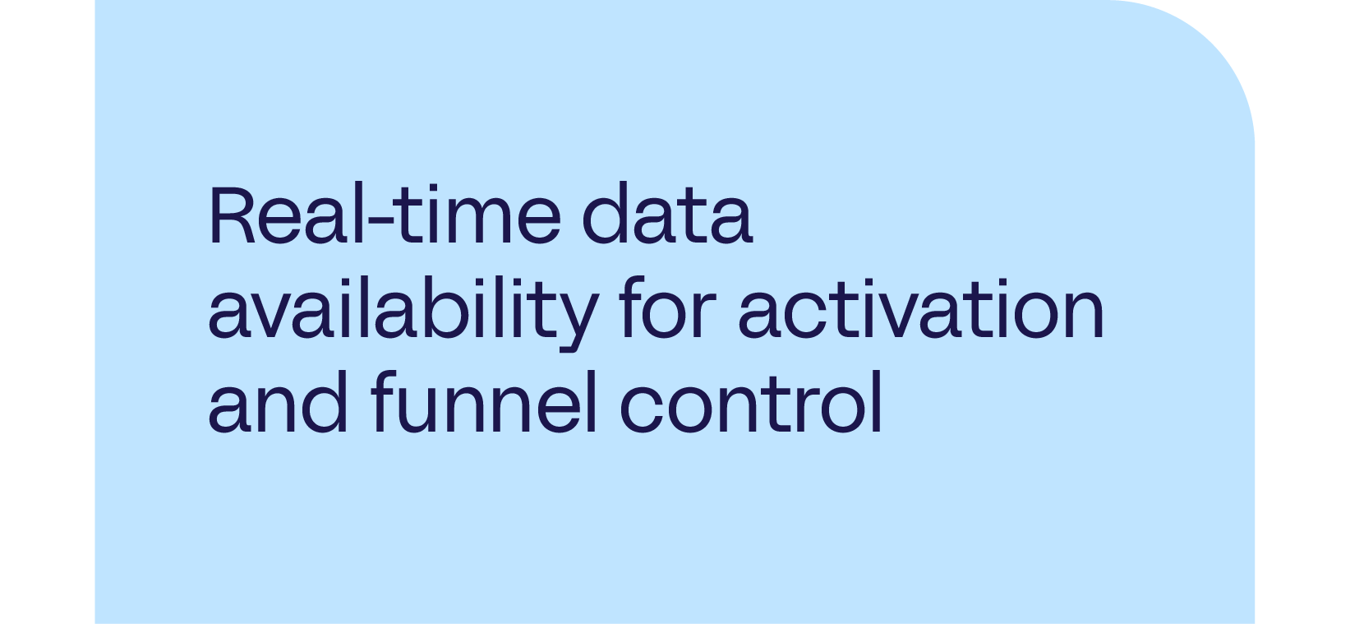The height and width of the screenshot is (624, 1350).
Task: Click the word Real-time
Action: point(385,214)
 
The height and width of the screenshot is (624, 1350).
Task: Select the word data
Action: point(668,214)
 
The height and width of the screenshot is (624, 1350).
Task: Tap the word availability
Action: point(403,310)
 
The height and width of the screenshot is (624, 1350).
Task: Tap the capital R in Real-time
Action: point(232,214)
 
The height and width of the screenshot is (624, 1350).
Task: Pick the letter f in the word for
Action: point(631,307)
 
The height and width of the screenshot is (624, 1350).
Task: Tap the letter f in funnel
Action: point(383,401)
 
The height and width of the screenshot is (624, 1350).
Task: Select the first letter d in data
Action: point(605,214)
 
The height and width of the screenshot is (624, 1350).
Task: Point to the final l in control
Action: point(878,401)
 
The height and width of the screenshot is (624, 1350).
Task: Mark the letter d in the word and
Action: point(325,401)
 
